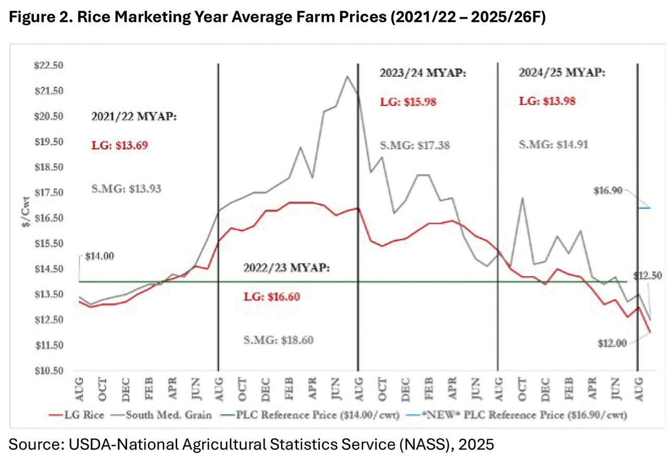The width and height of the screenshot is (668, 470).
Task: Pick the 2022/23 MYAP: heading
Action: [x=287, y=268]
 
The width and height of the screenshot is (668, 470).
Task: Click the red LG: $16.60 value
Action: [x=272, y=297]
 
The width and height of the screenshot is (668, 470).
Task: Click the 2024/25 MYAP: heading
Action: [x=562, y=73]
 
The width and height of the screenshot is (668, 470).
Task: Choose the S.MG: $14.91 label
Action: [x=553, y=145]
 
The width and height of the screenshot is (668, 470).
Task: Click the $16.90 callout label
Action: [x=608, y=191]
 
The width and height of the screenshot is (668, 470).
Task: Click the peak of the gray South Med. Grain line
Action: [x=347, y=76]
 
